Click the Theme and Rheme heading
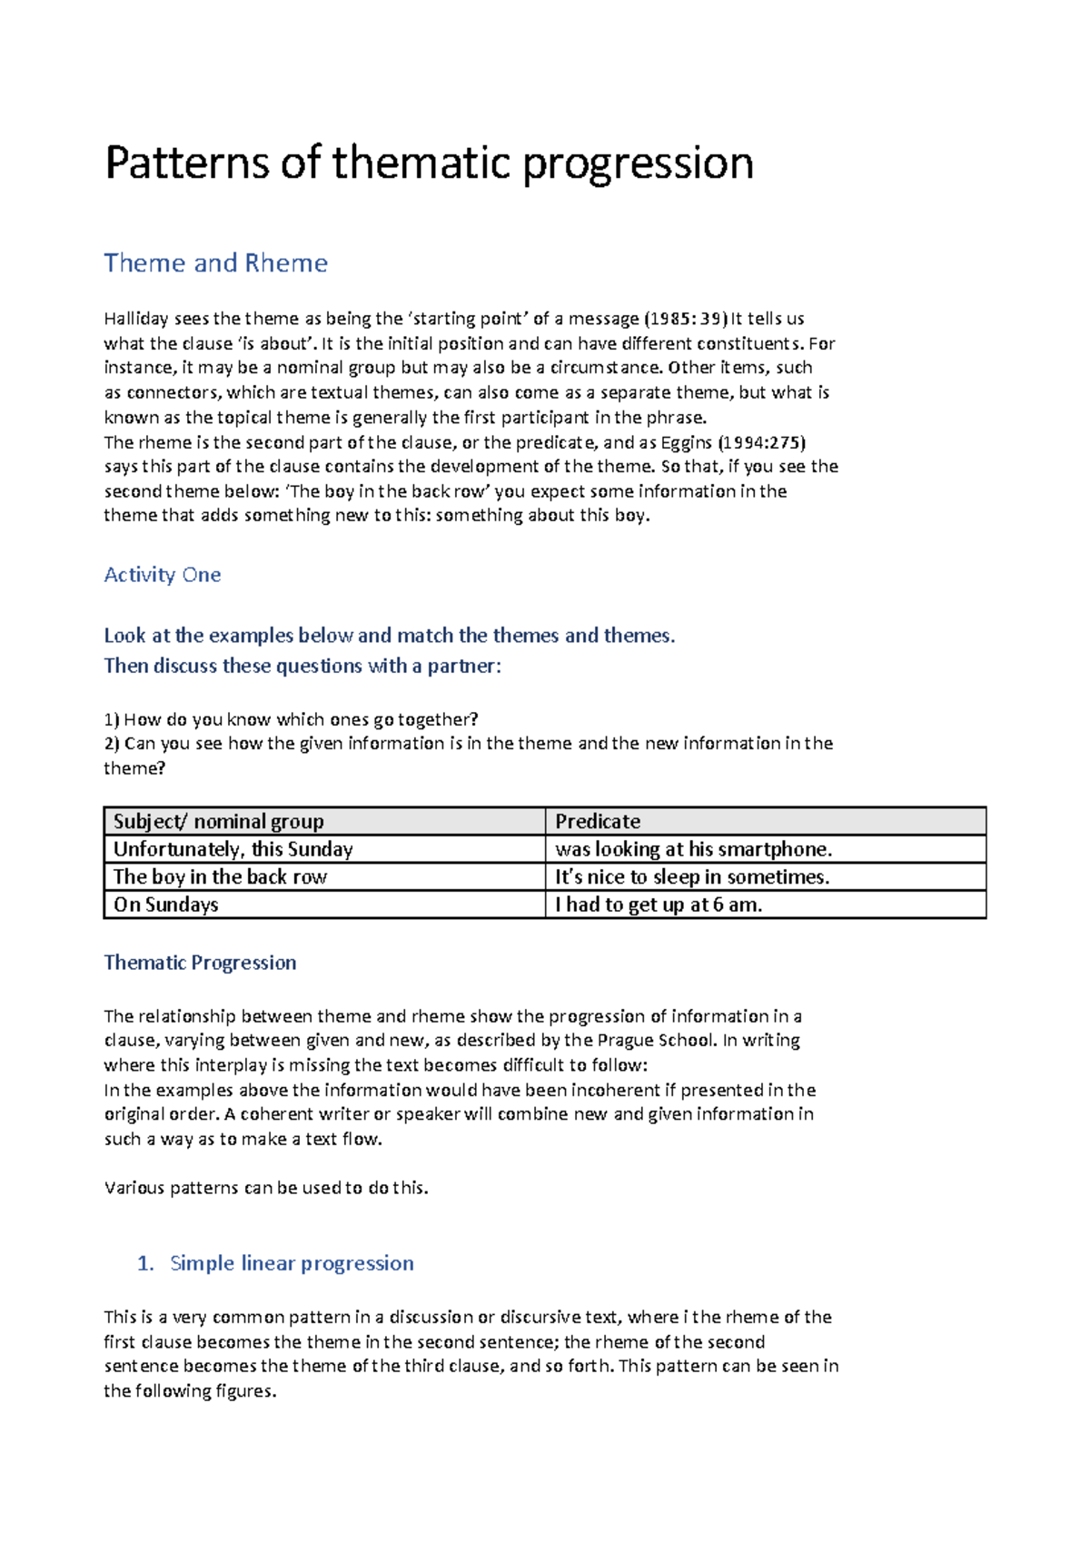(215, 263)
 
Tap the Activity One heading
(162, 575)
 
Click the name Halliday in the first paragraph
(136, 319)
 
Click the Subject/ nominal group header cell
(218, 822)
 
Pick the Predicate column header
(598, 822)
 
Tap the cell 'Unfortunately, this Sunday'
(233, 849)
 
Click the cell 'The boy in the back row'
(220, 877)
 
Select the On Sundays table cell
(166, 904)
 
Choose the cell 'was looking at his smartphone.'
(693, 849)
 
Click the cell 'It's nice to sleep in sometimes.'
(692, 877)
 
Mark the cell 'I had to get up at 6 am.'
(659, 904)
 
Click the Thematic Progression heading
(200, 963)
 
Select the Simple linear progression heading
(291, 1263)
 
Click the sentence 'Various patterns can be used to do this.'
(265, 1188)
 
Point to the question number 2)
(112, 744)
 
